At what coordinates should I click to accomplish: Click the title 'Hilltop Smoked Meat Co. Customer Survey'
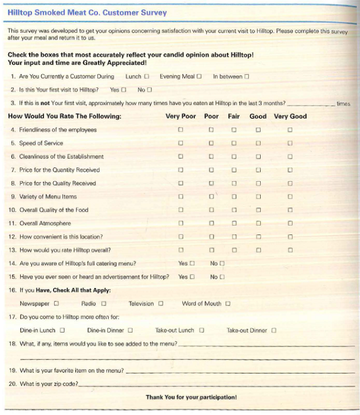pyautogui.click(x=87, y=12)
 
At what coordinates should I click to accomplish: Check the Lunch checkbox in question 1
pyautogui.click(x=146, y=77)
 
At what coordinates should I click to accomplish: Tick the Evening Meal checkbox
pyautogui.click(x=199, y=77)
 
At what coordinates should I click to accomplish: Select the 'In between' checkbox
pyautogui.click(x=247, y=77)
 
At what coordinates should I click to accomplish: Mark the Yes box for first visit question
pyautogui.click(x=124, y=90)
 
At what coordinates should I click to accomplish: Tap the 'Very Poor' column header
pyautogui.click(x=180, y=116)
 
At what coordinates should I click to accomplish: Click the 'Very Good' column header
pyautogui.click(x=290, y=116)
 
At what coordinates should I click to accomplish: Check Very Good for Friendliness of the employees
pyautogui.click(x=290, y=130)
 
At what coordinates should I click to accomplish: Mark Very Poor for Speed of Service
pyautogui.click(x=180, y=143)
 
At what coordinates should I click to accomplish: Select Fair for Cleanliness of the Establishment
pyautogui.click(x=234, y=157)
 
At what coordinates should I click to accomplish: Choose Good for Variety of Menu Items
pyautogui.click(x=258, y=197)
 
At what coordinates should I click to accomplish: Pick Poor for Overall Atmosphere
pyautogui.click(x=212, y=223)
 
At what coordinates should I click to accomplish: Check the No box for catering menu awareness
pyautogui.click(x=222, y=263)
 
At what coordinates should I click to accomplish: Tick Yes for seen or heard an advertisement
pyautogui.click(x=192, y=277)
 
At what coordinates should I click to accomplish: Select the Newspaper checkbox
pyautogui.click(x=56, y=304)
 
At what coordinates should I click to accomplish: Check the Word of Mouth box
pyautogui.click(x=227, y=304)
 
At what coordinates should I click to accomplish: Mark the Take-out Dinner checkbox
pyautogui.click(x=274, y=330)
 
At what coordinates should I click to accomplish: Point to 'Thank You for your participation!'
pyautogui.click(x=191, y=397)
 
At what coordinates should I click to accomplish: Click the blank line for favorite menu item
pyautogui.click(x=239, y=372)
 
